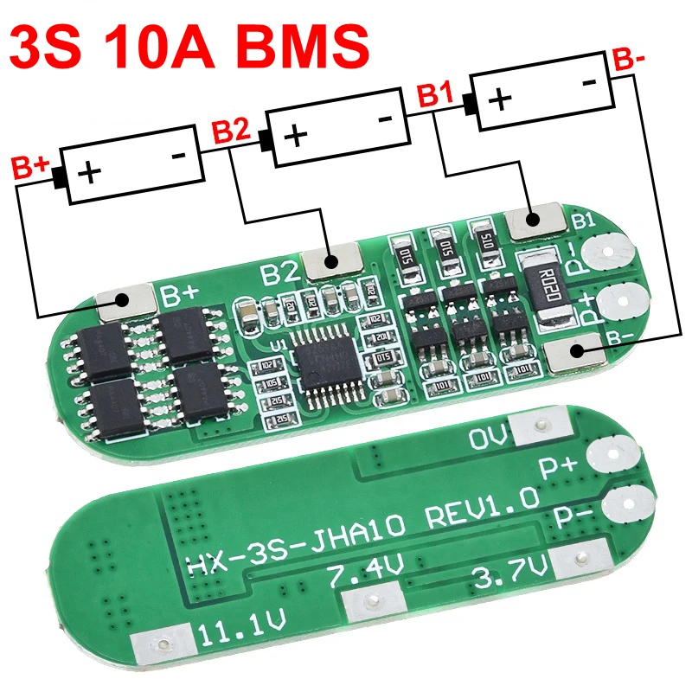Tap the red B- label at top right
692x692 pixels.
(x=628, y=61)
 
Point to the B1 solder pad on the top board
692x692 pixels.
(x=532, y=222)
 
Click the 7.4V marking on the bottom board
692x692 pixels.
(x=363, y=574)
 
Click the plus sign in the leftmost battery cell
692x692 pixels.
(x=89, y=173)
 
